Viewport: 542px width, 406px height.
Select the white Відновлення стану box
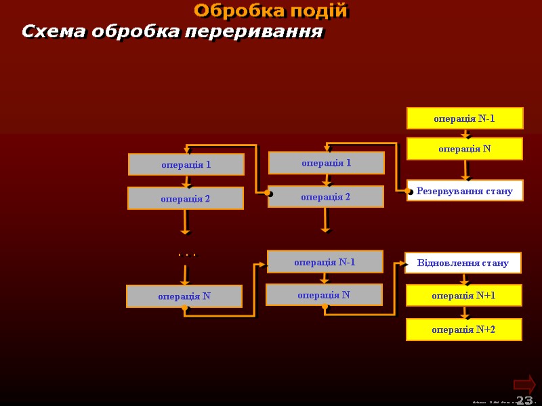(x=463, y=263)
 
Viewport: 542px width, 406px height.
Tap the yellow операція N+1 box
(x=464, y=296)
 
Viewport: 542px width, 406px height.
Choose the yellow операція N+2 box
(x=464, y=330)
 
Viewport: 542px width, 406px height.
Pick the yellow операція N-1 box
(x=465, y=118)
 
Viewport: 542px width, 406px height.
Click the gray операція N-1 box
(x=325, y=262)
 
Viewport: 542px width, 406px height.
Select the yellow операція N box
(x=465, y=149)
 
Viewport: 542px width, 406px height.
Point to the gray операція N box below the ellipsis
(x=184, y=296)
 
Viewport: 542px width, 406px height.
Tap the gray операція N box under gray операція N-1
(x=324, y=294)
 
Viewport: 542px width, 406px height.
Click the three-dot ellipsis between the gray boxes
(x=186, y=255)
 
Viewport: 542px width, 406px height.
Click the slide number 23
(x=524, y=400)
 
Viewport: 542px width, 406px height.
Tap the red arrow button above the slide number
(x=524, y=384)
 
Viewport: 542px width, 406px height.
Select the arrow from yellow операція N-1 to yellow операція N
(x=465, y=133)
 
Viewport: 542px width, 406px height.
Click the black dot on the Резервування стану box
(x=411, y=192)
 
